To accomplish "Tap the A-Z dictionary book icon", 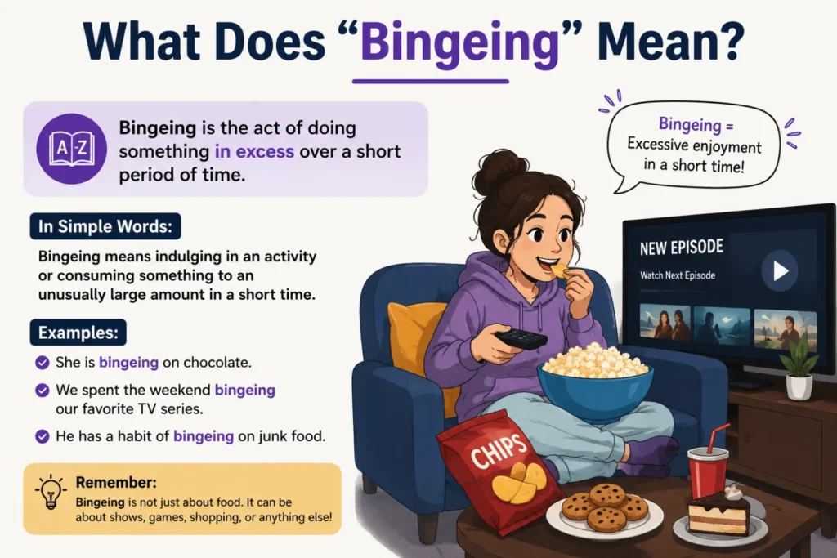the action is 71,149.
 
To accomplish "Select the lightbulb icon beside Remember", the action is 51,491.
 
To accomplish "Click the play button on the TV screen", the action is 779,270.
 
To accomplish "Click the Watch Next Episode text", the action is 678,275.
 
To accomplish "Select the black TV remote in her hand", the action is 521,338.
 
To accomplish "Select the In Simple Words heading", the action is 105,226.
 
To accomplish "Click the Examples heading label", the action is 78,333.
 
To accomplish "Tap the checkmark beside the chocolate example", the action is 43,363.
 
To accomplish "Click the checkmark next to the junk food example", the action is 43,436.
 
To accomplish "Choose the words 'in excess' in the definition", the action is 254,151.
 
